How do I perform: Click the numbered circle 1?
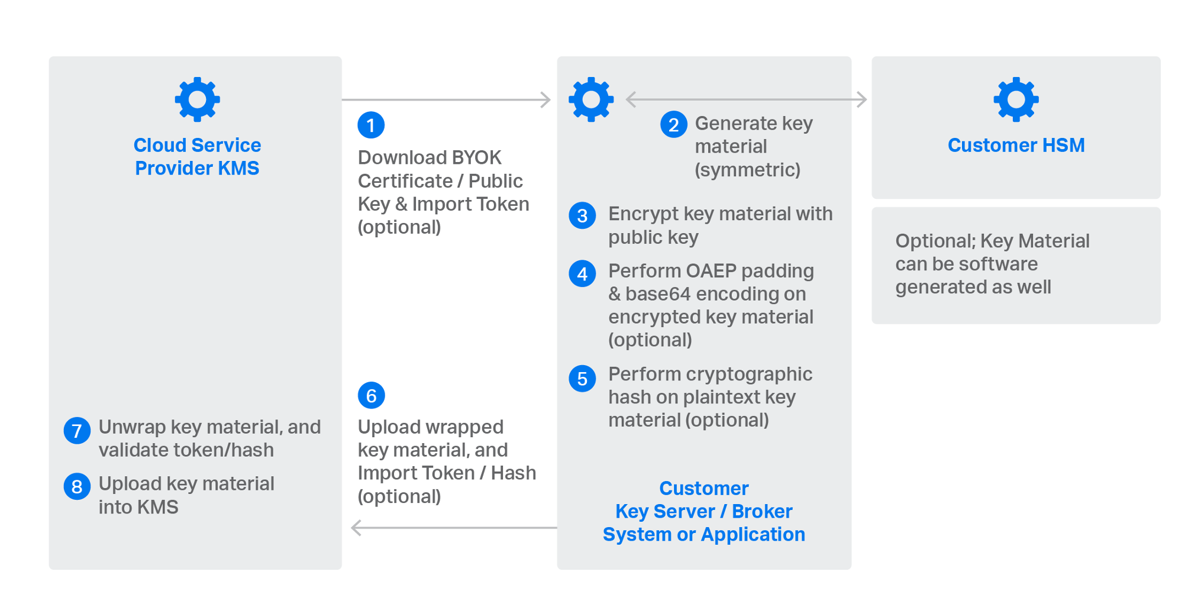tap(371, 125)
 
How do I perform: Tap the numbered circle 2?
tap(673, 124)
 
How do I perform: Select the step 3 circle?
tap(582, 215)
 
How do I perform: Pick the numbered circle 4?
tap(582, 273)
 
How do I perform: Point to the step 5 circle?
tap(582, 378)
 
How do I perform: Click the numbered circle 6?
tap(371, 395)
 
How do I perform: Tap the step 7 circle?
tap(77, 430)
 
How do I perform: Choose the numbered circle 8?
tap(77, 486)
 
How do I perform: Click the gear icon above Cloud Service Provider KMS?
tap(197, 99)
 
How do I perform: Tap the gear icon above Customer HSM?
tap(1016, 99)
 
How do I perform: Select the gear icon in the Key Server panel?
tap(591, 99)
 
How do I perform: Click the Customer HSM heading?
tap(1016, 145)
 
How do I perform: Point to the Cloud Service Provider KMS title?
tap(197, 157)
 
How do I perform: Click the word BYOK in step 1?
tap(476, 157)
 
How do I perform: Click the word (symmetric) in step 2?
tap(747, 170)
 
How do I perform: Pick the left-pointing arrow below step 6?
tap(454, 527)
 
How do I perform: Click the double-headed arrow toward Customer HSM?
tap(746, 99)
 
